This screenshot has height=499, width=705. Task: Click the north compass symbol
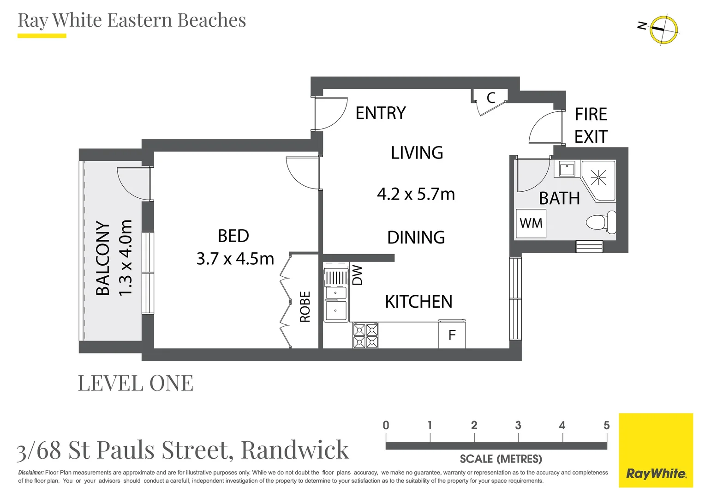click(663, 30)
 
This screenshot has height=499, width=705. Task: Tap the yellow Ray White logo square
click(656, 450)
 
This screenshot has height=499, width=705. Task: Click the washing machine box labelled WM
click(531, 224)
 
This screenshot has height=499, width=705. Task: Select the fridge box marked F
click(452, 335)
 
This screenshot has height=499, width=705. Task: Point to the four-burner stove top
click(365, 335)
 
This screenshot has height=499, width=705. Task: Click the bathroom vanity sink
click(567, 169)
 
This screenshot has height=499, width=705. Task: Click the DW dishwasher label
click(358, 275)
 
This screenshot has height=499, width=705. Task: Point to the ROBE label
click(305, 306)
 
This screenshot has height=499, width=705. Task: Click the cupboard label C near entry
click(491, 98)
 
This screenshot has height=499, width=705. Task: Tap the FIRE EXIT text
click(591, 126)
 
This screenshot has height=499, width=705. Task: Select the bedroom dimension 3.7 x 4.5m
click(235, 259)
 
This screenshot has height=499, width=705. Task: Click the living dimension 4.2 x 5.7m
click(416, 194)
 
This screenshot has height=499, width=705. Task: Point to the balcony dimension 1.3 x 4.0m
click(125, 258)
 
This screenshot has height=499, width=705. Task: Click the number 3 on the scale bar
click(518, 425)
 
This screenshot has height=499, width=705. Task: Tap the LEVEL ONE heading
click(136, 383)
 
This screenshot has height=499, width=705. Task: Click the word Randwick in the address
click(295, 450)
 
